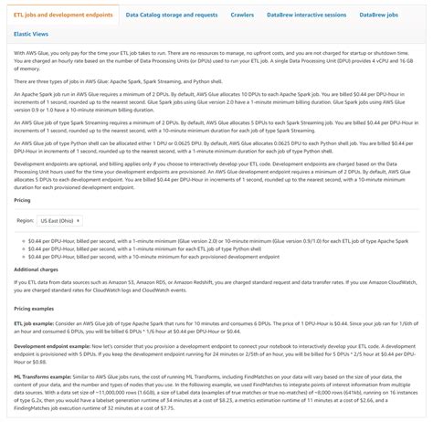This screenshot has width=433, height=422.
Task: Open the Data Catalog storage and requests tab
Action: pyautogui.click(x=173, y=16)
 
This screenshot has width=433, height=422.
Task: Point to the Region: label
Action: pyautogui.click(x=26, y=220)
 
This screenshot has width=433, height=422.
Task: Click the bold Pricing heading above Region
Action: pyautogui.click(x=22, y=199)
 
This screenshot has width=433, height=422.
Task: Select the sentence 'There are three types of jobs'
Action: pyautogui.click(x=119, y=81)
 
